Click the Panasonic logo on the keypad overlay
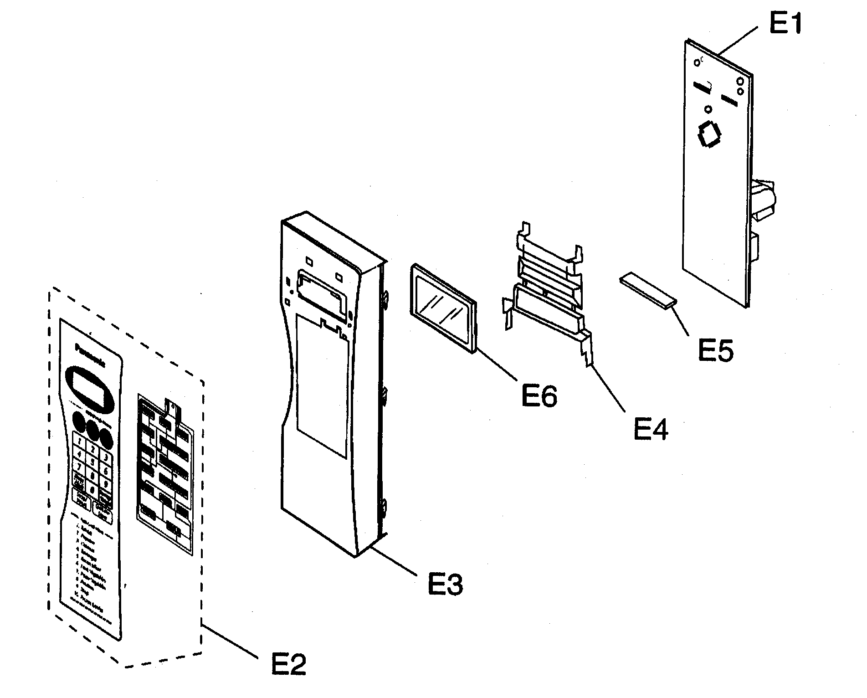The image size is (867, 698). click(x=90, y=356)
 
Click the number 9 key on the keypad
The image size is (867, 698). click(x=106, y=484)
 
